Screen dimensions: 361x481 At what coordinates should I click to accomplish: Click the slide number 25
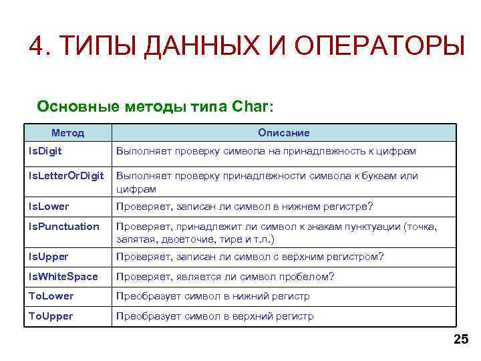coord(461,340)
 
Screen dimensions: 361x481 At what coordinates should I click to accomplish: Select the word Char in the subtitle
coord(251,106)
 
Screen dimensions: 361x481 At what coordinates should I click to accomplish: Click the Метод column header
coord(67,133)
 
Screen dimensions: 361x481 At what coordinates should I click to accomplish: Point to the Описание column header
coord(284,133)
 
